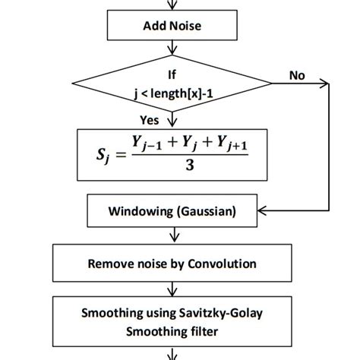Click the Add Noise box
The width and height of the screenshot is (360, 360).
[x=172, y=25]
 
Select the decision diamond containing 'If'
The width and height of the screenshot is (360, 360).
[x=172, y=84]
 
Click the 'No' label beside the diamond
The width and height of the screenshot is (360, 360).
[x=297, y=75]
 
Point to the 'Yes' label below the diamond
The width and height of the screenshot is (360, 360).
[x=150, y=120]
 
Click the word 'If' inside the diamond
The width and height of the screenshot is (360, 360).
[x=172, y=74]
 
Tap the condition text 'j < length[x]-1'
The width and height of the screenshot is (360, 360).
[x=173, y=94]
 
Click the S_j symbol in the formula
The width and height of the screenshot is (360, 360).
[x=103, y=155]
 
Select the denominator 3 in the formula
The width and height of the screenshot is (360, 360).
[x=190, y=166]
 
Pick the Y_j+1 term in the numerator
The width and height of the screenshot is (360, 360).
[x=232, y=144]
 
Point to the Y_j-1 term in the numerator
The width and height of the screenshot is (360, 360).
[x=147, y=144]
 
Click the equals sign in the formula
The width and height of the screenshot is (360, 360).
[x=121, y=154]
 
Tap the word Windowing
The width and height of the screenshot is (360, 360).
[x=141, y=211]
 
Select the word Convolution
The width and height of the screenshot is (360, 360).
[x=222, y=264]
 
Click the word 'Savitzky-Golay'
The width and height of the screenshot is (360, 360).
[x=220, y=314]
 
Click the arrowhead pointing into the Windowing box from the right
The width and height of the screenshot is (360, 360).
[x=262, y=210]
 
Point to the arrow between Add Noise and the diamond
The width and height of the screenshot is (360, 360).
[x=172, y=48]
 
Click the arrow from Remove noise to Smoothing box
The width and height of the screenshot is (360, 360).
[x=172, y=289]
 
